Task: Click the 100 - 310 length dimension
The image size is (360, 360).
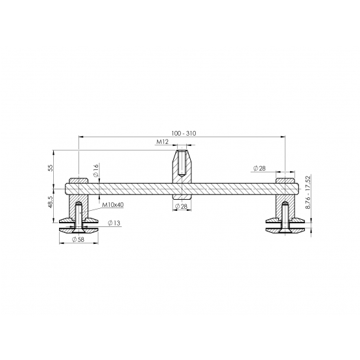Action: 184,134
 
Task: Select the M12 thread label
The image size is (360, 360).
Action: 163,142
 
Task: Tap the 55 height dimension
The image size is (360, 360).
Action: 51,167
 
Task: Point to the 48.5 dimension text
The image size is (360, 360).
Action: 51,202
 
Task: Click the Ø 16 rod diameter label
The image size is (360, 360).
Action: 96,171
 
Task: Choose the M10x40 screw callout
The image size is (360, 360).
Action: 113,204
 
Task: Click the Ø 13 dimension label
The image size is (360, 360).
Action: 114,223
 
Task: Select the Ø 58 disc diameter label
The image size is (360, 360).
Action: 78,239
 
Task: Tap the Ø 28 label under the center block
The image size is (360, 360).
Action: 181,207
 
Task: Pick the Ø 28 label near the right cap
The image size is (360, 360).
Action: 259,168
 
